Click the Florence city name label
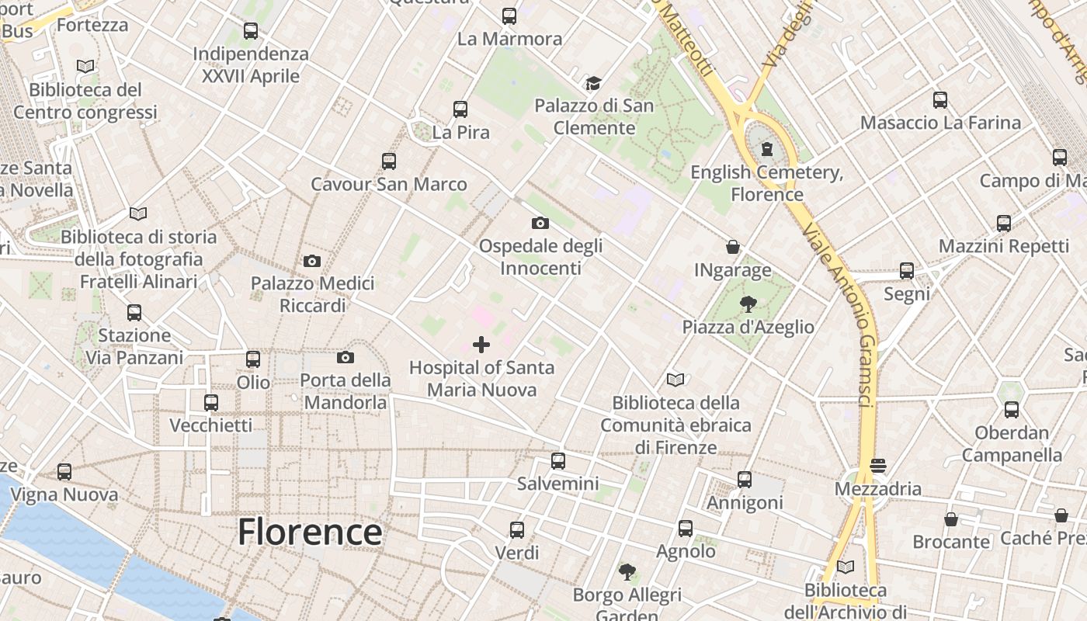309,533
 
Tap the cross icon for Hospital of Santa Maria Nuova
481,345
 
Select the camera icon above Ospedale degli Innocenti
540,224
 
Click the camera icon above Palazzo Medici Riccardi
312,261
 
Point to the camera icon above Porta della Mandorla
346,357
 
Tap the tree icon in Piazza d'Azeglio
748,304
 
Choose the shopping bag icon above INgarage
732,248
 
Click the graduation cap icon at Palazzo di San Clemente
593,83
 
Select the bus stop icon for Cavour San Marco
389,161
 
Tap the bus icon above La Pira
460,109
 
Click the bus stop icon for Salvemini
557,461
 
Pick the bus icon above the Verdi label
517,530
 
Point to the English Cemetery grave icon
767,148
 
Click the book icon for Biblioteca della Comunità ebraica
675,380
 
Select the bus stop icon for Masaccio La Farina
940,100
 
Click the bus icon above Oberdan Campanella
1011,410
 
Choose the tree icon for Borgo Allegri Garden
627,573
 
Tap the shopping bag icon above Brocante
951,519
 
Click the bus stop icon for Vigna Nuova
64,472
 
